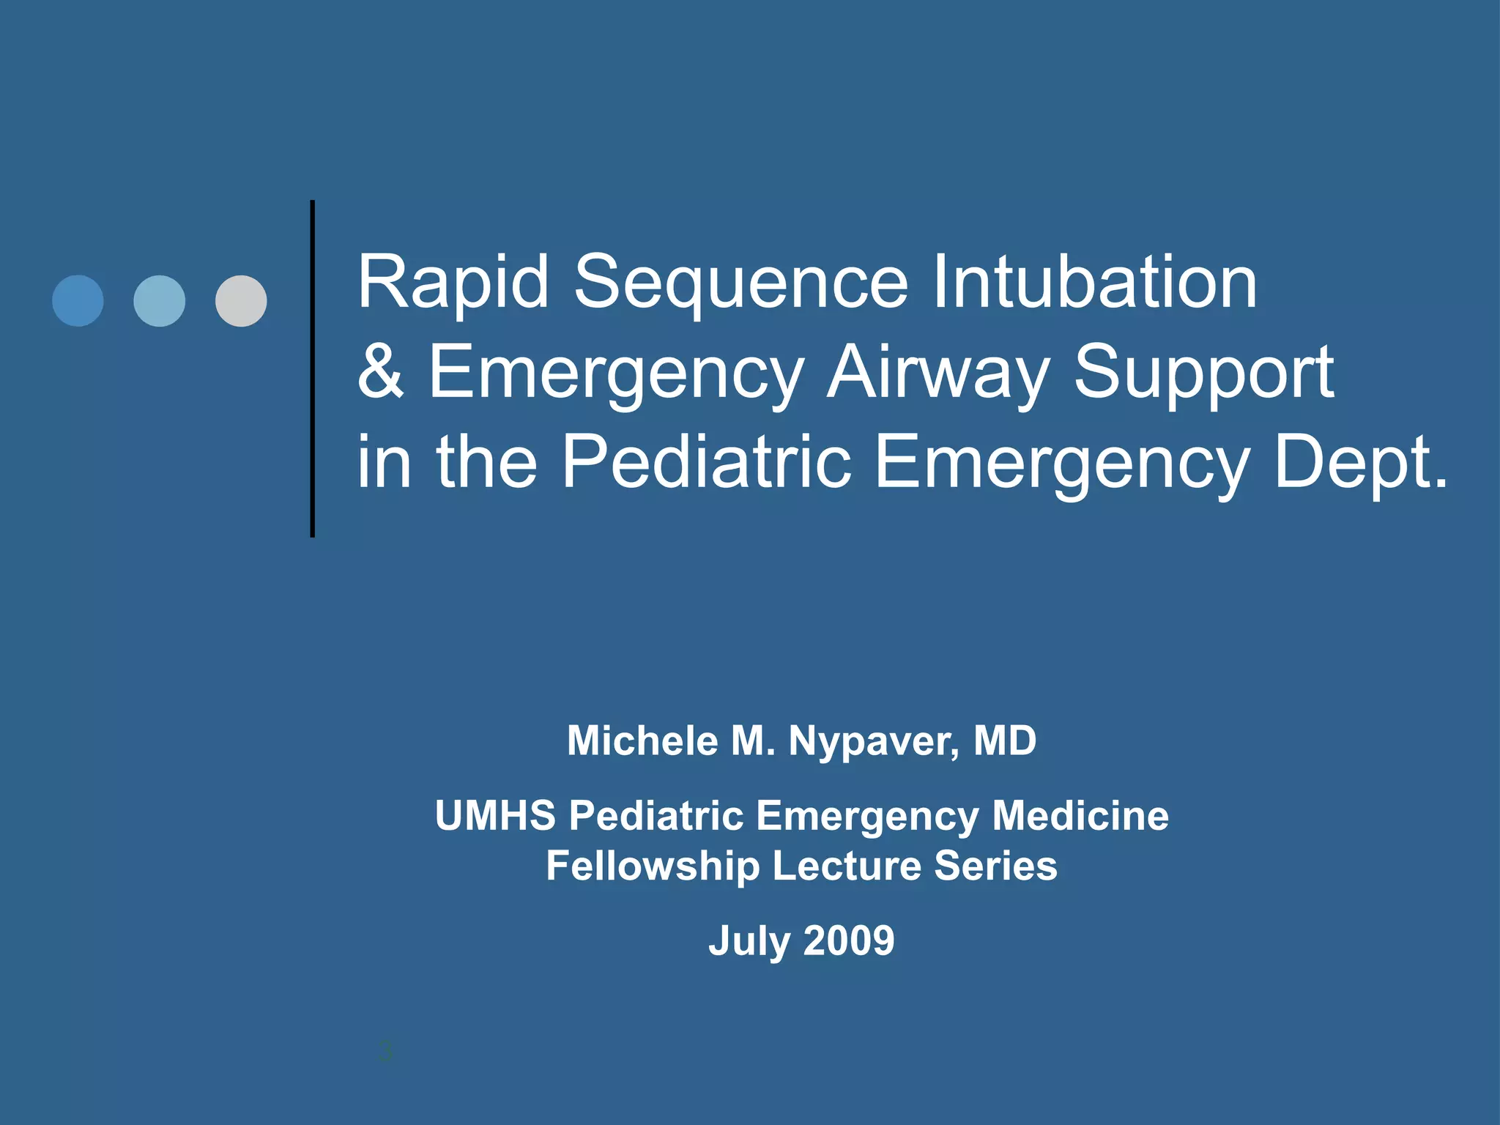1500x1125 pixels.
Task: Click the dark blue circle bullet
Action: pos(78,301)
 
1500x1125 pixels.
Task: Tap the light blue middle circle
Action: pos(159,301)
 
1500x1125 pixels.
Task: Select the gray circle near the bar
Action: pos(241,301)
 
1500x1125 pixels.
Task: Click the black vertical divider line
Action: pos(313,368)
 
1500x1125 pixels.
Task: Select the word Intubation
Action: pos(1094,282)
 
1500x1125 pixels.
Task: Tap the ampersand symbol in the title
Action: pos(380,372)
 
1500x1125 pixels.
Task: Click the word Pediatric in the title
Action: pos(706,462)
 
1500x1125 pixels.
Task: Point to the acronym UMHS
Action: pos(496,815)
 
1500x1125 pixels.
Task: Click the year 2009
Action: pos(849,940)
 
